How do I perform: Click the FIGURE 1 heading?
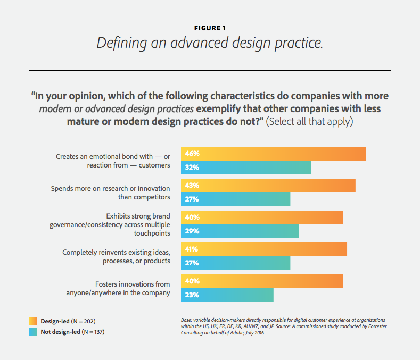pos(210,28)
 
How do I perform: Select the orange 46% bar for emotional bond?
pos(273,153)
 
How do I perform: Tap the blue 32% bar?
pos(246,168)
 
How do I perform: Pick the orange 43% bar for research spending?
pos(268,185)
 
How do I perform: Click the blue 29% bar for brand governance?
pos(240,231)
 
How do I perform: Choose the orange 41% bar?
pos(263,249)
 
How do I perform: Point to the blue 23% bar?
pos(227,295)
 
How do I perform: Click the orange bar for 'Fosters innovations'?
pos(261,281)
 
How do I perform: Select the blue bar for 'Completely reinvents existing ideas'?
pos(235,263)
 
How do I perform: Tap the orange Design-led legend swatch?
pos(33,321)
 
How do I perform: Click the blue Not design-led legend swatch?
pos(33,332)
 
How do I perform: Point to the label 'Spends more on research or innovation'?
pos(110,192)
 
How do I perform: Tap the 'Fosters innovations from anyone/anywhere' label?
pos(118,288)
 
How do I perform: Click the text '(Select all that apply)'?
pos(309,121)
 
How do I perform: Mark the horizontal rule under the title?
pos(210,70)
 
